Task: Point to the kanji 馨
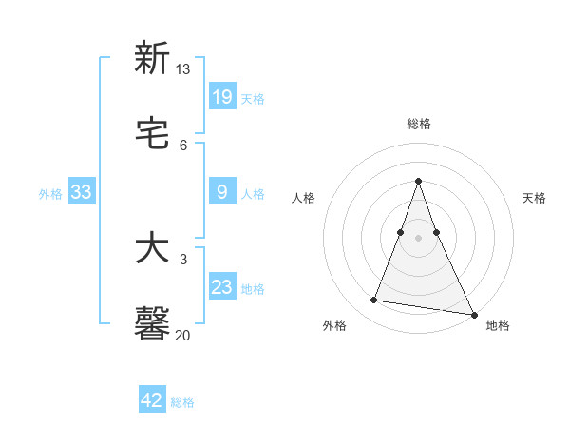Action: pos(152,323)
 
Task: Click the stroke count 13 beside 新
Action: pos(183,69)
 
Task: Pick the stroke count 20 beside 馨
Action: pos(183,335)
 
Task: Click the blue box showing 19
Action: pos(221,96)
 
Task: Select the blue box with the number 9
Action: pos(221,192)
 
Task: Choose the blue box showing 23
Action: pos(221,287)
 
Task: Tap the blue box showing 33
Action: pos(81,192)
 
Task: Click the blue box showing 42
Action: pos(152,400)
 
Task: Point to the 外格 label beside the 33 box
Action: pos(50,194)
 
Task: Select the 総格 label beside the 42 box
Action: pos(182,402)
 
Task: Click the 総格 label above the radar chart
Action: pos(418,124)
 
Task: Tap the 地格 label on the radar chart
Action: pos(498,325)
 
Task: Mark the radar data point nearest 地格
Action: pos(473,314)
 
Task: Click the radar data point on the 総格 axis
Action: pos(418,181)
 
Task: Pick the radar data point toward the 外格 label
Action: pos(374,301)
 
